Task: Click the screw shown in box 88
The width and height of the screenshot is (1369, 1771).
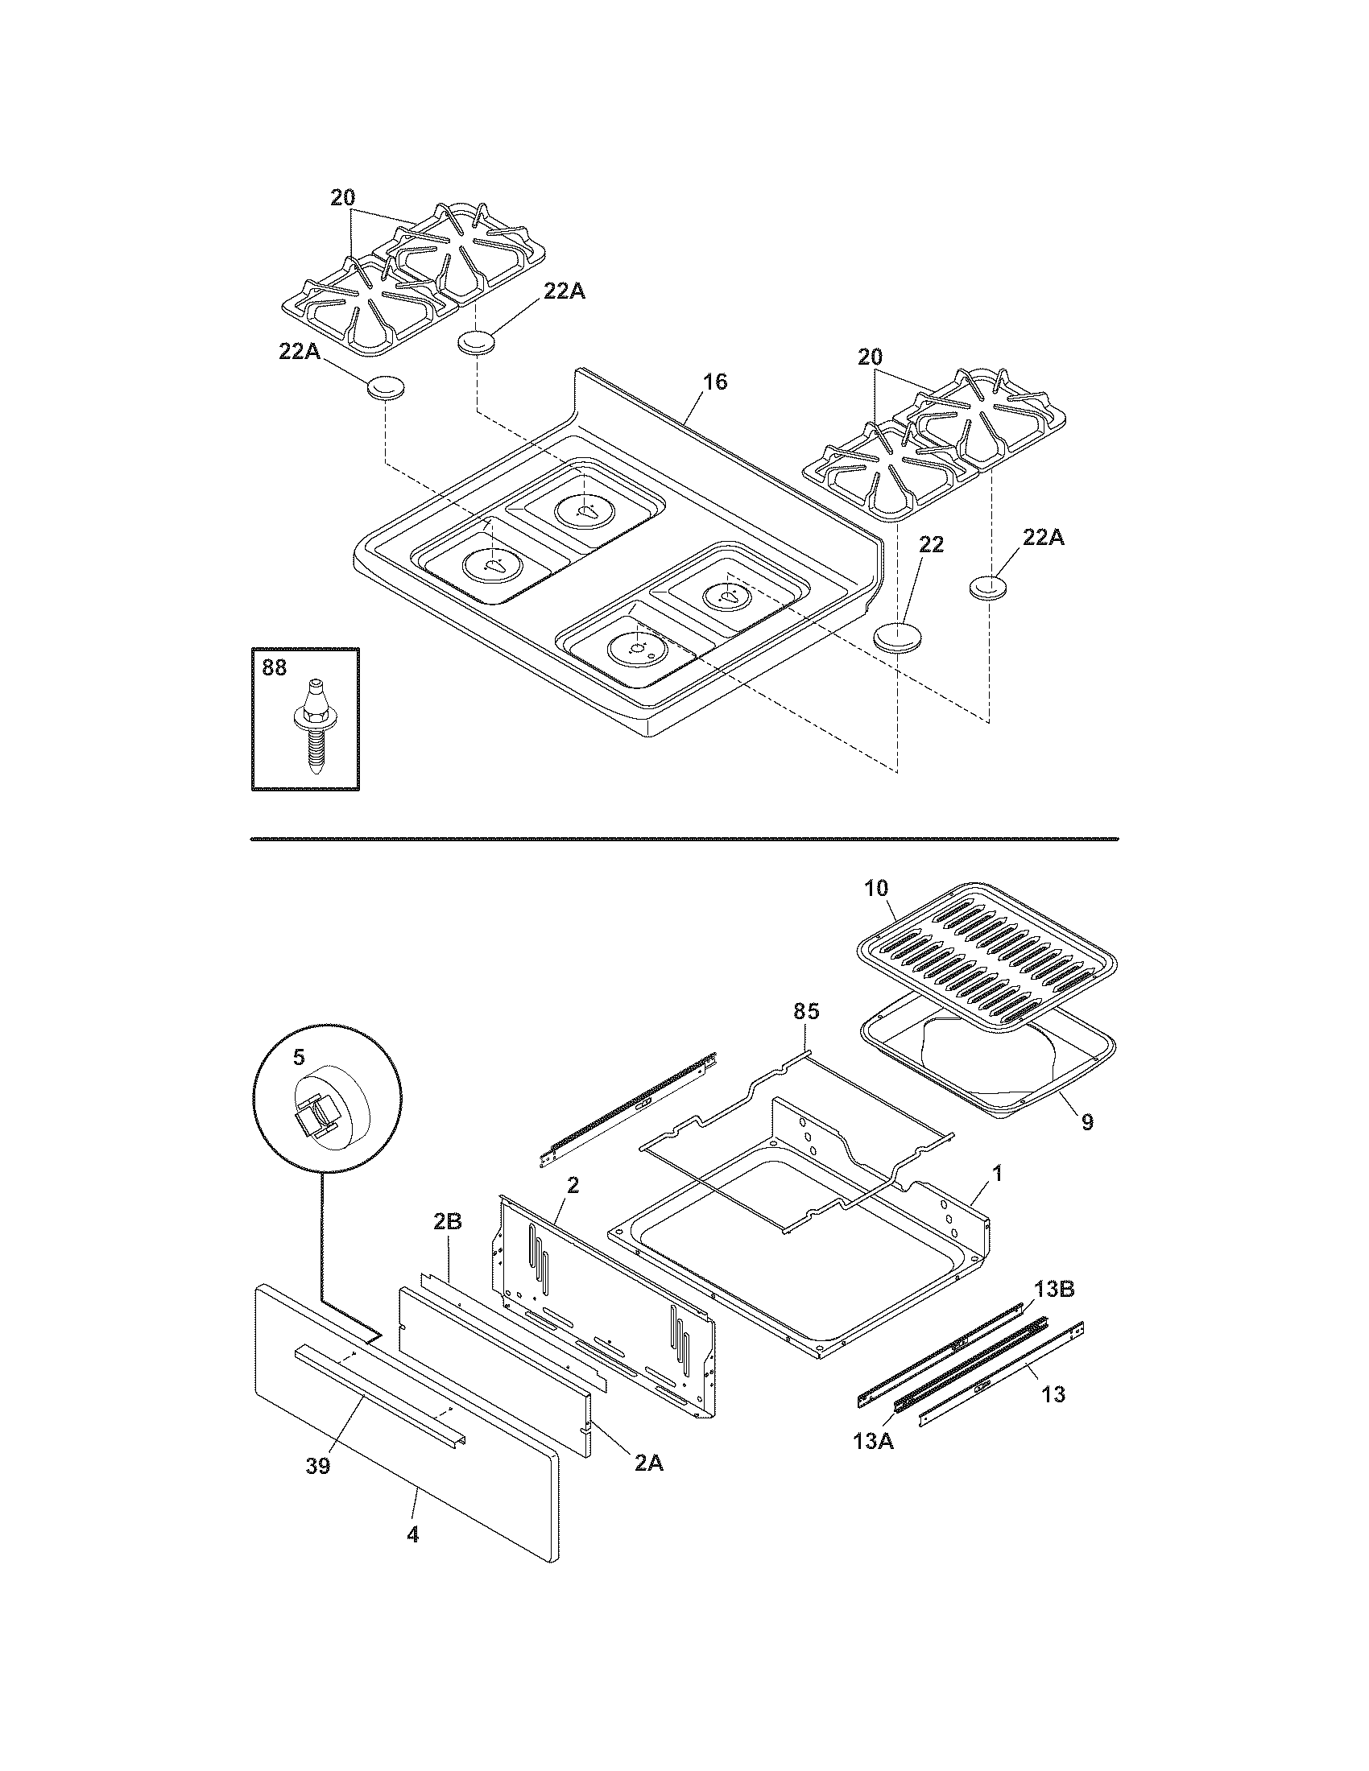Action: click(x=309, y=726)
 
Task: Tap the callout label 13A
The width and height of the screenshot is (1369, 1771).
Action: click(x=874, y=1463)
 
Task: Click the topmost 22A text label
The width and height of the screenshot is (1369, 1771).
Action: click(x=565, y=292)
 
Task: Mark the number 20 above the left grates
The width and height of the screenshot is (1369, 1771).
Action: click(x=343, y=197)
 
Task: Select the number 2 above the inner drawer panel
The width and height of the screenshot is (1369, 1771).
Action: click(x=573, y=1185)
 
